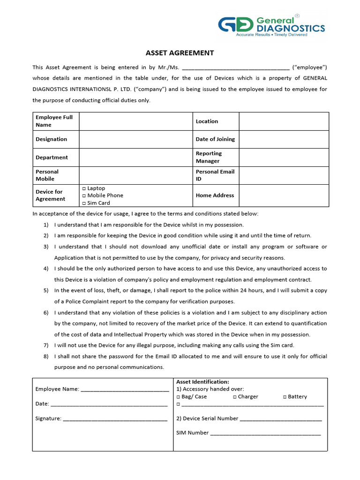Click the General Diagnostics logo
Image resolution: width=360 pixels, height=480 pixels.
[272, 27]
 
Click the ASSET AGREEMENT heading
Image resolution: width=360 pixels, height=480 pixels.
[180, 53]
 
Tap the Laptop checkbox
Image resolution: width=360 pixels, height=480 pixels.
[84, 188]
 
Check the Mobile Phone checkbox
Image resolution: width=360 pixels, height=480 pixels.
[84, 195]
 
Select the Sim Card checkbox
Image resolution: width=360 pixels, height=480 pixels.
[84, 203]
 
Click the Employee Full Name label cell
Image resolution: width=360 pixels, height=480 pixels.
[54, 121]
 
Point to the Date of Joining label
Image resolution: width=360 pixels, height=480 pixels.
[215, 139]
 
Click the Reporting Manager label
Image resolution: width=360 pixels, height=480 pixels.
[209, 157]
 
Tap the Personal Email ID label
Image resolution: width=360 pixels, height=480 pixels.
[215, 175]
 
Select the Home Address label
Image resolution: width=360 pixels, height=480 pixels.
[215, 195]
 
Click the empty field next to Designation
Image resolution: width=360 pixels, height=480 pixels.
[136, 139]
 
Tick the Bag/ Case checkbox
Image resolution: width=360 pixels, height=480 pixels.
[178, 397]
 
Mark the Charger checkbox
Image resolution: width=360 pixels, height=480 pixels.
[234, 397]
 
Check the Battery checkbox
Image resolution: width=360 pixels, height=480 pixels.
[285, 397]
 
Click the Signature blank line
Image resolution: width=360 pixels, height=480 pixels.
[115, 419]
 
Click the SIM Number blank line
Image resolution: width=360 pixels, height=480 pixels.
[265, 434]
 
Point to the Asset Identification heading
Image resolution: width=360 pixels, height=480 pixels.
[202, 382]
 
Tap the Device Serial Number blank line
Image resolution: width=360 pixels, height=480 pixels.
[281, 419]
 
